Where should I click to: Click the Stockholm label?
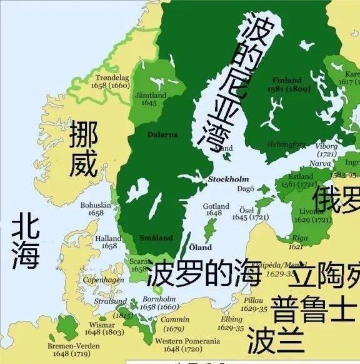click(228, 179)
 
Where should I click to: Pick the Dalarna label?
click(162, 134)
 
